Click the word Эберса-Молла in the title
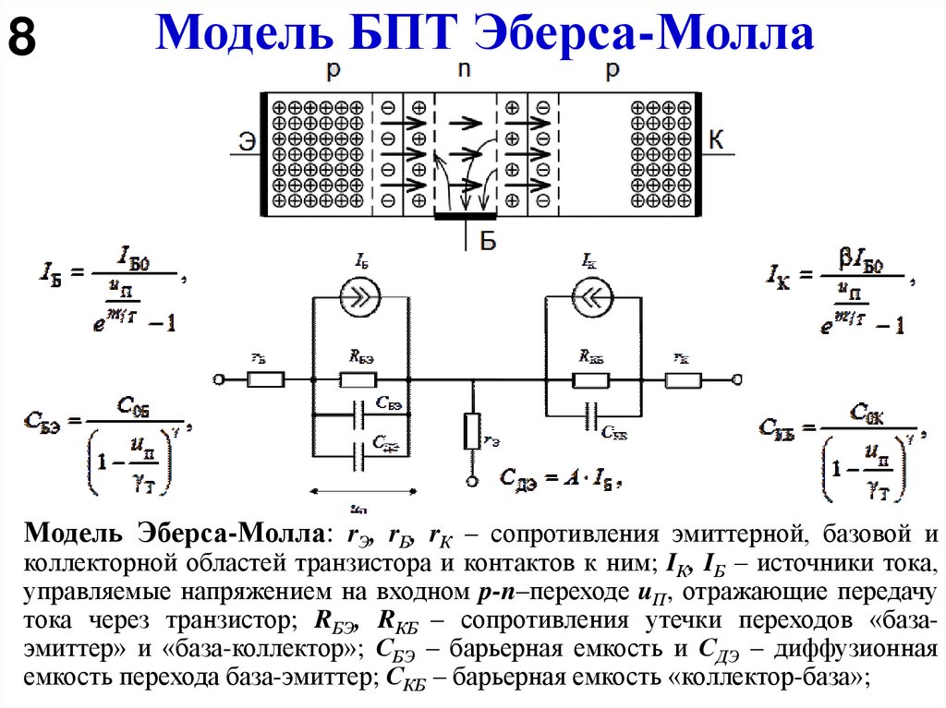[x=645, y=35]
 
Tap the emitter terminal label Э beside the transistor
[x=246, y=140]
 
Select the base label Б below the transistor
[x=489, y=242]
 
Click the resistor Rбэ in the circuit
[x=358, y=379]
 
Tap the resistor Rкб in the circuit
[x=589, y=379]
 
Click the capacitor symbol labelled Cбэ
[x=358, y=414]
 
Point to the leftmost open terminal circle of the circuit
[x=218, y=379]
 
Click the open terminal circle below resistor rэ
[x=471, y=481]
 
